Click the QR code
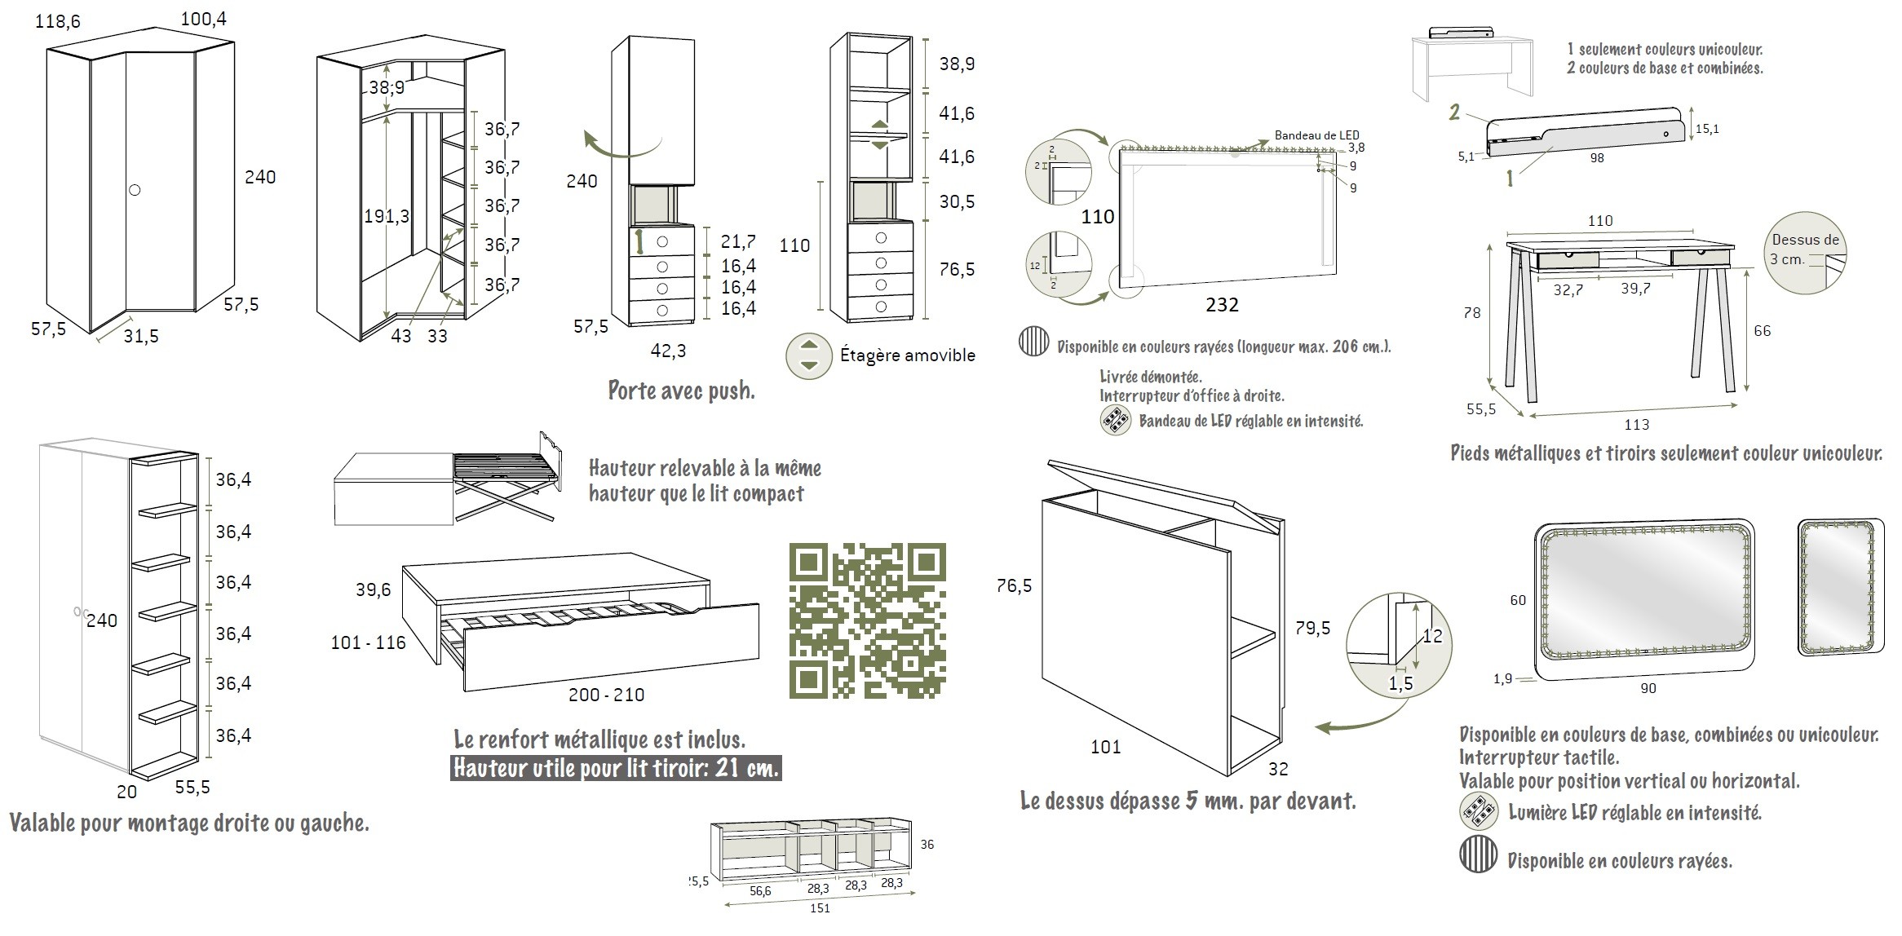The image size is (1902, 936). click(x=867, y=620)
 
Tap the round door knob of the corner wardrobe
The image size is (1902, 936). click(x=135, y=190)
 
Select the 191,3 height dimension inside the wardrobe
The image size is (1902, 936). click(x=387, y=216)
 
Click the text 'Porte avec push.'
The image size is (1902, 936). click(x=681, y=391)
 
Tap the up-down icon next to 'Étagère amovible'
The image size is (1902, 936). click(x=808, y=355)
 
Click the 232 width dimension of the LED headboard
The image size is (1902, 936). click(x=1221, y=305)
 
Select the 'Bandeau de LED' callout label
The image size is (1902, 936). click(x=1316, y=135)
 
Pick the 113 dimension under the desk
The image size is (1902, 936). click(x=1636, y=425)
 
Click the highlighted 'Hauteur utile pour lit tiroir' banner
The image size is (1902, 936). click(x=616, y=768)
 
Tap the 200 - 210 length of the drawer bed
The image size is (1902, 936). click(x=606, y=695)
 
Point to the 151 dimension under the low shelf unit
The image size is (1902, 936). click(x=820, y=908)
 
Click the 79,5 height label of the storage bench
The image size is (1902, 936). click(x=1312, y=628)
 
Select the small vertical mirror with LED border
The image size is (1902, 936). click(x=1841, y=587)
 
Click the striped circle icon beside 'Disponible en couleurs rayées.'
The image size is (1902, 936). click(x=1477, y=855)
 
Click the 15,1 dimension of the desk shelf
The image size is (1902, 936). click(x=1706, y=129)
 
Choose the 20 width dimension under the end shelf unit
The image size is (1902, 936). click(x=126, y=792)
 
